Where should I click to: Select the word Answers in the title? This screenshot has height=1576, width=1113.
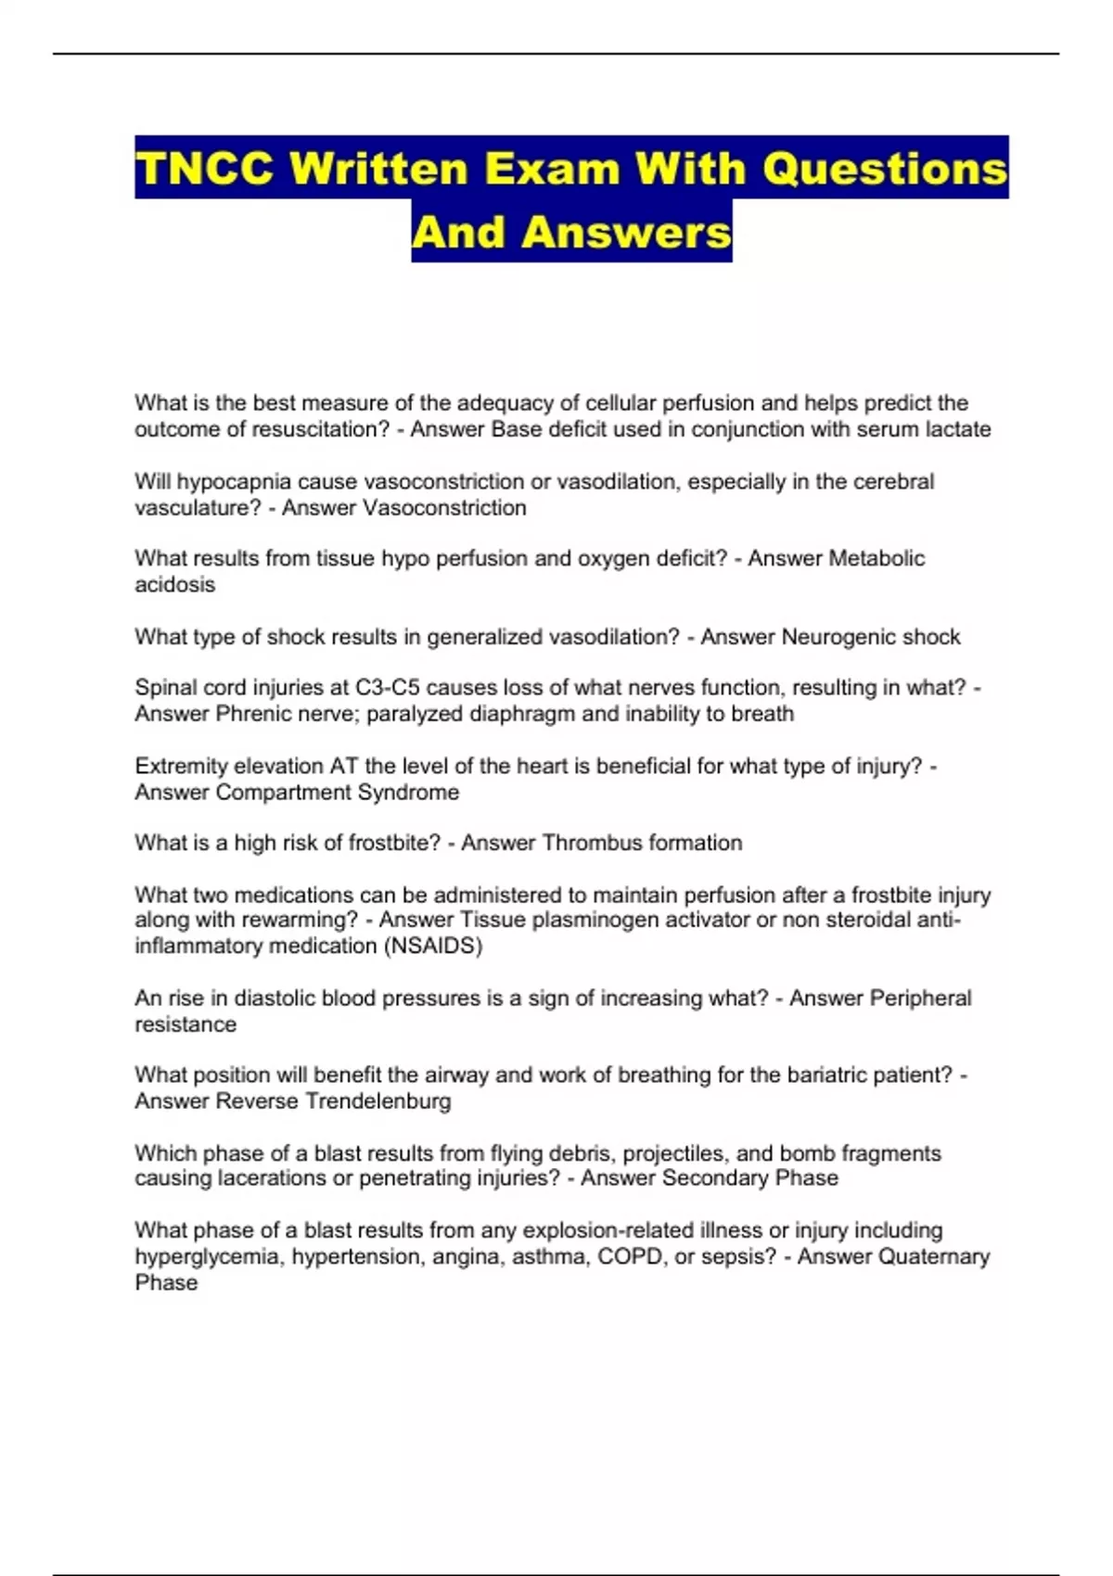pos(627,232)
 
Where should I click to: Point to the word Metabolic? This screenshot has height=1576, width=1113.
pos(876,558)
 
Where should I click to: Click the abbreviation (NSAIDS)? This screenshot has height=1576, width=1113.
pos(432,946)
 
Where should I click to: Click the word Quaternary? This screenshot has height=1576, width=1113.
pos(934,1256)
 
